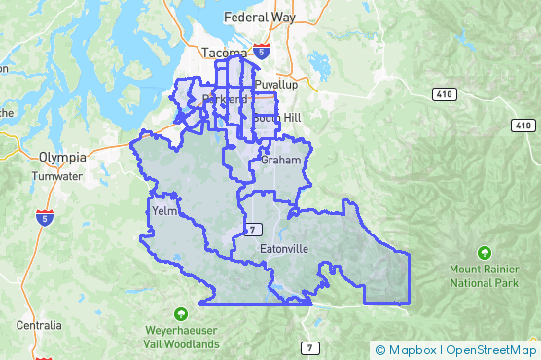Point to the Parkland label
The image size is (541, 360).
224,99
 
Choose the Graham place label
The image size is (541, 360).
275,159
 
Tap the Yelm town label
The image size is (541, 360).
162,210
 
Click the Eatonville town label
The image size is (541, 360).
284,249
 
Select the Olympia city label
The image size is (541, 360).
62,157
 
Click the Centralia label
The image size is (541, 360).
39,325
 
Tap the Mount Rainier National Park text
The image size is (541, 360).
486,275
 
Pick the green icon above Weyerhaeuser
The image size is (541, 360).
181,313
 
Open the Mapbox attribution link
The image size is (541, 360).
412,350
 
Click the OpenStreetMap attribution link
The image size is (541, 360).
492,350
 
